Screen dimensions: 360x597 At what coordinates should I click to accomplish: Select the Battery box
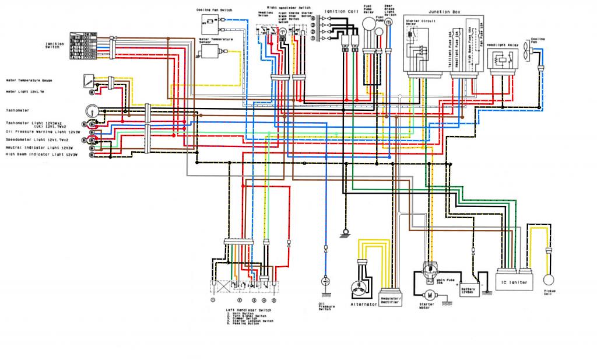pos(470,289)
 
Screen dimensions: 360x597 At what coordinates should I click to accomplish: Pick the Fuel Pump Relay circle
pos(368,24)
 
